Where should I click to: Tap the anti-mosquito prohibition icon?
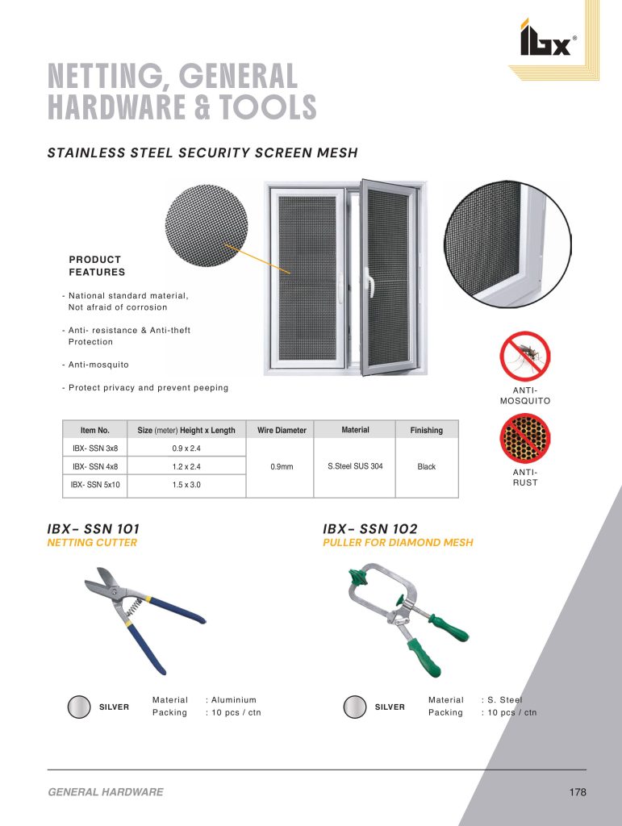(x=525, y=357)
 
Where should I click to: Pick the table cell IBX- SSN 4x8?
(x=95, y=466)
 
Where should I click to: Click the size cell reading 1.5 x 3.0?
(x=186, y=486)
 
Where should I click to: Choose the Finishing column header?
(x=426, y=430)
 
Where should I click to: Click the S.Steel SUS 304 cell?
(x=355, y=466)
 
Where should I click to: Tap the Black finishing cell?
(x=426, y=466)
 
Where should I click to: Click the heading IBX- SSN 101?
(x=94, y=528)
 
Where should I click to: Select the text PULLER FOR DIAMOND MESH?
(x=398, y=543)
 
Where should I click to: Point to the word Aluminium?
(x=234, y=700)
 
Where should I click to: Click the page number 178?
(x=577, y=792)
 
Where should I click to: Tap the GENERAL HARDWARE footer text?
(x=106, y=792)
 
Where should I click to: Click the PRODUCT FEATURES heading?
(x=97, y=265)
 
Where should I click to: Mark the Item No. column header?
(x=95, y=430)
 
